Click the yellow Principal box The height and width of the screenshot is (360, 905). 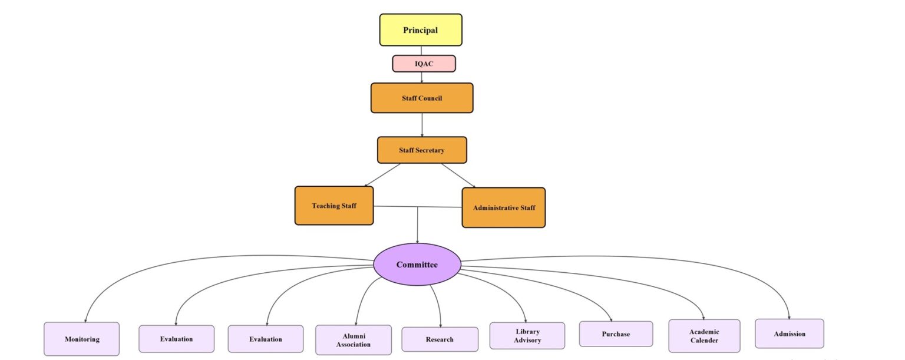[421, 30]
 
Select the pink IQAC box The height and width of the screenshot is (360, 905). [424, 64]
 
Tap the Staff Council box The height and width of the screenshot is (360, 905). [422, 98]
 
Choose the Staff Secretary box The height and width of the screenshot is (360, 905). [422, 150]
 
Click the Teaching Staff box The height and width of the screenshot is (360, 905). [334, 206]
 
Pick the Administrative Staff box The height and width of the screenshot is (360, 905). [504, 207]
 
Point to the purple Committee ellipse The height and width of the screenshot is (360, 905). [417, 265]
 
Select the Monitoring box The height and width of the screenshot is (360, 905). [82, 339]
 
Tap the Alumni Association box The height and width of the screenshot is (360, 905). [354, 340]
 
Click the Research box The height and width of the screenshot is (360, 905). [440, 339]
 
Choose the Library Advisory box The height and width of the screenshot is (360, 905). [527, 336]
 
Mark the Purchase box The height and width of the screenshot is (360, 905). [616, 334]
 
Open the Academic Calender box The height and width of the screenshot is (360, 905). [704, 336]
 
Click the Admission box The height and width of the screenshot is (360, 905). [790, 333]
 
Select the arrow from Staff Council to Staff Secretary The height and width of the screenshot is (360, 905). [422, 125]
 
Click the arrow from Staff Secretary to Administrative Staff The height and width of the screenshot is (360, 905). [458, 175]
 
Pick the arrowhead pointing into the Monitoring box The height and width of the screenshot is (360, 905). [86, 319]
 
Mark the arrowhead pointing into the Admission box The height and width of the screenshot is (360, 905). [790, 316]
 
